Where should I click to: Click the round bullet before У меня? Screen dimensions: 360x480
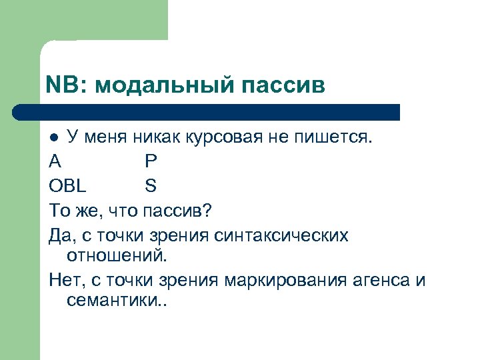(x=55, y=137)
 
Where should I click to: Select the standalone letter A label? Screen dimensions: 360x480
(x=54, y=161)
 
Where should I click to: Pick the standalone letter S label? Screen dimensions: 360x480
(x=150, y=185)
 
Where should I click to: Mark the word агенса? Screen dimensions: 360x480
(x=378, y=279)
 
